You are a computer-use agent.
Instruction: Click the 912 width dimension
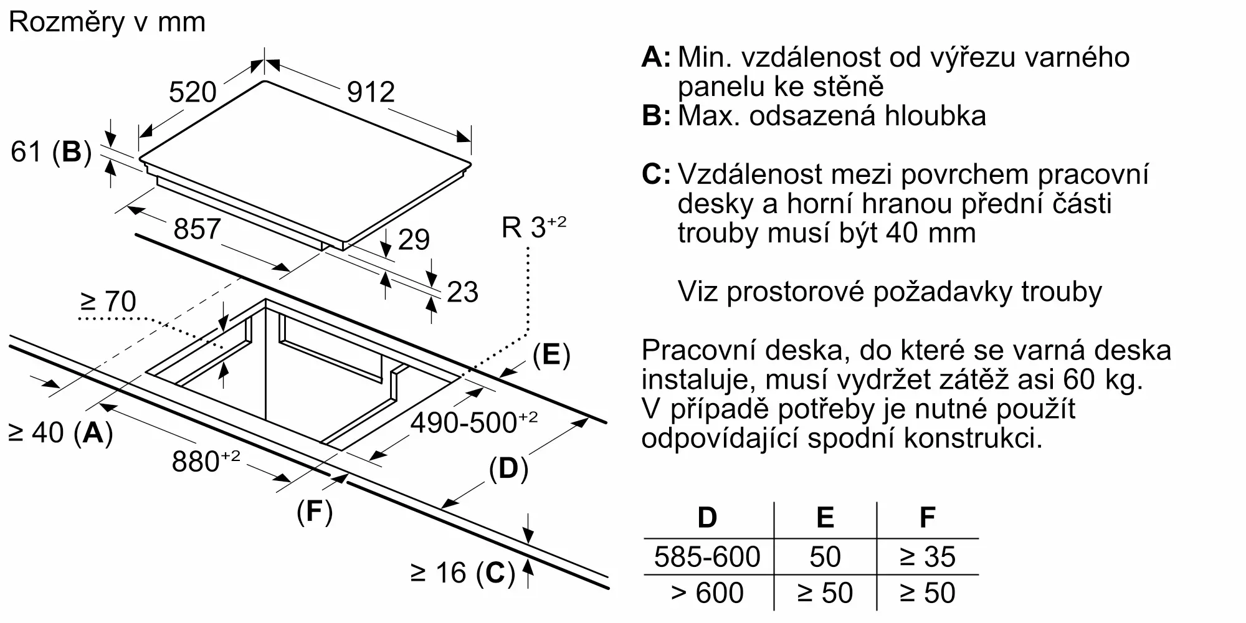pyautogui.click(x=371, y=92)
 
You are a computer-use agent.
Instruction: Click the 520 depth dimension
pyautogui.click(x=193, y=92)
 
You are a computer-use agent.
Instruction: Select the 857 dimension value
pyautogui.click(x=197, y=229)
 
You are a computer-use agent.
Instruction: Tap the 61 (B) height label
pyautogui.click(x=51, y=151)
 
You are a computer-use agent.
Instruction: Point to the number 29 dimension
pyautogui.click(x=414, y=240)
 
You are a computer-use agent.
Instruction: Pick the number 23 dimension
pyautogui.click(x=462, y=292)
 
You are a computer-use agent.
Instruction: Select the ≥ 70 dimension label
pyautogui.click(x=108, y=302)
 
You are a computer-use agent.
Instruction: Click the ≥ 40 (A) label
pyautogui.click(x=60, y=432)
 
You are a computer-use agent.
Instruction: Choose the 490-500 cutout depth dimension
pyautogui.click(x=473, y=422)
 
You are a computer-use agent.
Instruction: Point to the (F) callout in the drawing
pyautogui.click(x=315, y=511)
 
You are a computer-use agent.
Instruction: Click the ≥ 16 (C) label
pyautogui.click(x=463, y=573)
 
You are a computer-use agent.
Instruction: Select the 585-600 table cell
pyautogui.click(x=707, y=556)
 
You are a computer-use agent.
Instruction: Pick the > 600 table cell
pyautogui.click(x=707, y=592)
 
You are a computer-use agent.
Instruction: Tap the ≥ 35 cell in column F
pyautogui.click(x=927, y=556)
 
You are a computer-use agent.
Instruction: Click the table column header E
pyautogui.click(x=825, y=518)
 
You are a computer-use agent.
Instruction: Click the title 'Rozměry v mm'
pyautogui.click(x=107, y=22)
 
